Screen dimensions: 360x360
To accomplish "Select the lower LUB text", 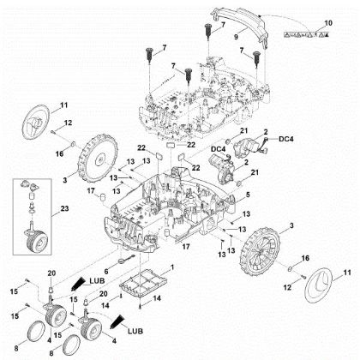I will coord(135,328).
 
